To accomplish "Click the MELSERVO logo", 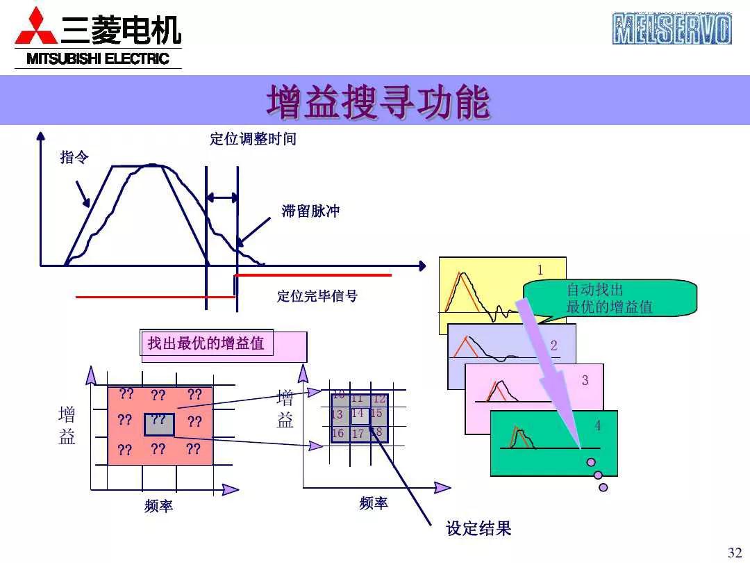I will pyautogui.click(x=672, y=28).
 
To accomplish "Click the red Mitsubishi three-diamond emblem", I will pyautogui.click(x=35, y=28).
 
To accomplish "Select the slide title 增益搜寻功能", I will pyautogui.click(x=378, y=101).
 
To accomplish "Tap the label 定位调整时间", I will pyautogui.click(x=253, y=139).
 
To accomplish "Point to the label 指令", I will pyautogui.click(x=74, y=158).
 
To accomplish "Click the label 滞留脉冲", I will pyautogui.click(x=310, y=211).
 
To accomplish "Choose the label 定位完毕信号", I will pyautogui.click(x=317, y=297).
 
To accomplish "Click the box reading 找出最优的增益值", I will pyautogui.click(x=206, y=343).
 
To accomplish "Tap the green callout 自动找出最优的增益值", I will pyautogui.click(x=610, y=298).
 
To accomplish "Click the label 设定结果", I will pyautogui.click(x=478, y=529).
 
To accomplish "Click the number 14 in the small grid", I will pyautogui.click(x=358, y=414).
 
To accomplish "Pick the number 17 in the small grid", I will pyautogui.click(x=358, y=434).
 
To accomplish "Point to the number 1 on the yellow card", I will pyautogui.click(x=541, y=270).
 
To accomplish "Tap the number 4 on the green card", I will pyautogui.click(x=597, y=425).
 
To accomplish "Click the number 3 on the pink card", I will pyautogui.click(x=585, y=381).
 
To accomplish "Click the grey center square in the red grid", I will pyautogui.click(x=159, y=423).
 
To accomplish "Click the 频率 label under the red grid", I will pyautogui.click(x=158, y=507).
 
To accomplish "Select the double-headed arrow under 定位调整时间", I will pyautogui.click(x=222, y=197).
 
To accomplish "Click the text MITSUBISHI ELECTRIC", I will pyautogui.click(x=98, y=59).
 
